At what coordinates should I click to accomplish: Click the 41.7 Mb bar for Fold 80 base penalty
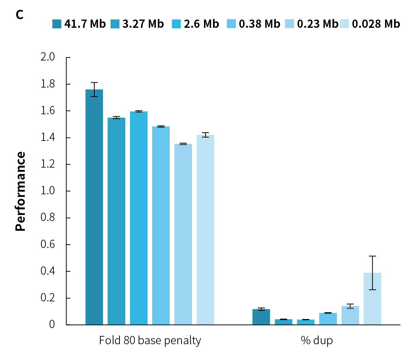(x=94, y=207)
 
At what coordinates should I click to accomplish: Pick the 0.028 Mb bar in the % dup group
(x=372, y=299)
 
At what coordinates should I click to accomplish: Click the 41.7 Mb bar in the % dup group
(x=261, y=317)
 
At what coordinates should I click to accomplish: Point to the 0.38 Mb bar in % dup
(x=328, y=319)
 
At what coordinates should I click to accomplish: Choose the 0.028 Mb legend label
(x=376, y=24)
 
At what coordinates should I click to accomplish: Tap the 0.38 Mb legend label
(x=260, y=24)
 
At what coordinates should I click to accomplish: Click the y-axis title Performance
(x=21, y=191)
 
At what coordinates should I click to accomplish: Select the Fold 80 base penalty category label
(x=150, y=340)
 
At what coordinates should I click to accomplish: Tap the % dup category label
(x=317, y=340)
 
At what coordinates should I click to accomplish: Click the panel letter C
(x=20, y=15)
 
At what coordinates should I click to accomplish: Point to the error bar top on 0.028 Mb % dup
(x=372, y=256)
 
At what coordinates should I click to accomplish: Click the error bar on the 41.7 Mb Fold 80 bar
(x=94, y=89)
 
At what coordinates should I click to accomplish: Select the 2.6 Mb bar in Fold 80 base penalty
(x=139, y=218)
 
